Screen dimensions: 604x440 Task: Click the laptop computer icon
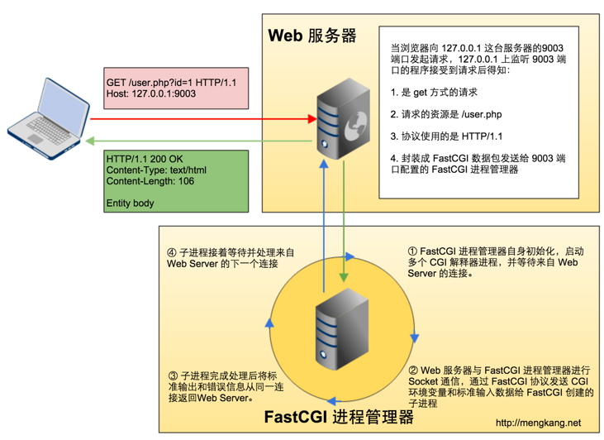click(48, 119)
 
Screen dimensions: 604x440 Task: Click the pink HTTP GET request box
click(176, 88)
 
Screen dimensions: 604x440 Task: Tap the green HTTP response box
click(176, 181)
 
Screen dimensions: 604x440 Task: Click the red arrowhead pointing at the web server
click(312, 119)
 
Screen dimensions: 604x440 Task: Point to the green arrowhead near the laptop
click(90, 141)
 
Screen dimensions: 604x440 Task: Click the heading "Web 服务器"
click(312, 36)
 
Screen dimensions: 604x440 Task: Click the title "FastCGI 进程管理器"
click(339, 417)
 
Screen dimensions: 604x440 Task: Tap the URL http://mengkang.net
click(538, 423)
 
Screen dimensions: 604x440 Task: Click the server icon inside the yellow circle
click(342, 329)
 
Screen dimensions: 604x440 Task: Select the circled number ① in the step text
click(412, 251)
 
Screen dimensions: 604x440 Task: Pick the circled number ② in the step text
click(413, 371)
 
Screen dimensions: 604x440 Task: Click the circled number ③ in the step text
click(173, 376)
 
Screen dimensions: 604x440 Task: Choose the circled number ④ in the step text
click(172, 253)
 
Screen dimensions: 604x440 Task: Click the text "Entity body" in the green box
click(131, 203)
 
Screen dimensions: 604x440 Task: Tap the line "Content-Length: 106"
click(150, 181)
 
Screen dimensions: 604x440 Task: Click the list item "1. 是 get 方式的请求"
click(434, 93)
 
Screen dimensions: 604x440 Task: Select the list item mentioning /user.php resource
click(446, 114)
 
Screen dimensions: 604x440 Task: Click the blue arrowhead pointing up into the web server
click(324, 164)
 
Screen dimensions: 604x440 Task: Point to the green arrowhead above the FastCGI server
click(344, 278)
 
